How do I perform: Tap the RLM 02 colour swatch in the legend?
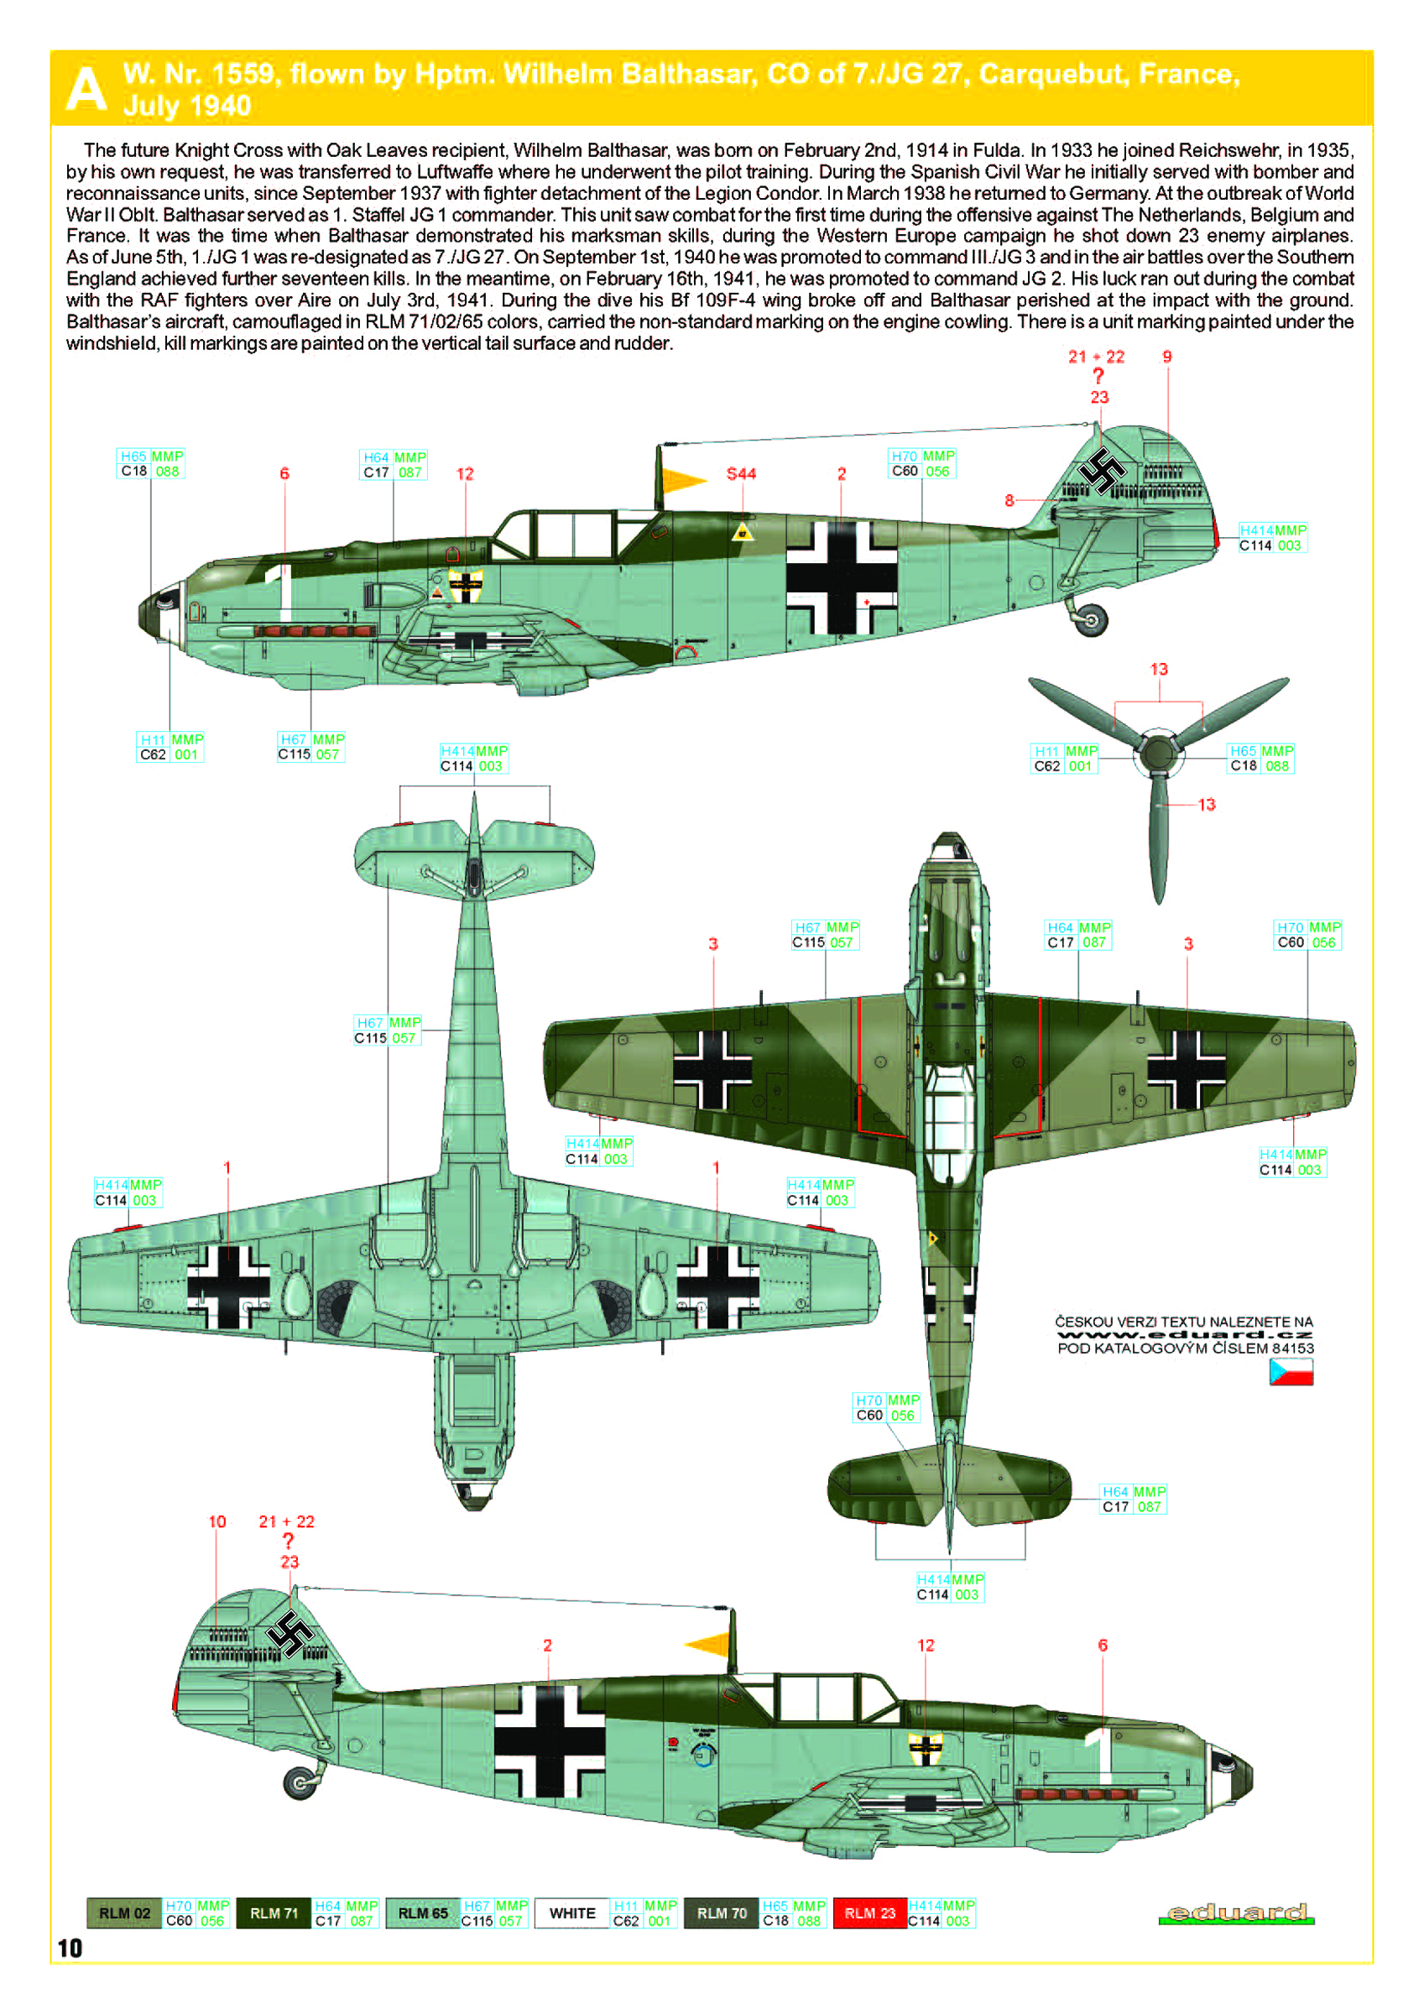[124, 1913]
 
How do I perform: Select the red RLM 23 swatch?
[869, 1913]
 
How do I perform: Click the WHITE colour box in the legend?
[572, 1913]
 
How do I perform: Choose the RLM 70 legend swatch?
[721, 1913]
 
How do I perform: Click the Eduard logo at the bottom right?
[1236, 1913]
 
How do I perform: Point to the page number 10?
[70, 1949]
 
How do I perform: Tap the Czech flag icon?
[1291, 1372]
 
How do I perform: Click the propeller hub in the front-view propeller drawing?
[1158, 752]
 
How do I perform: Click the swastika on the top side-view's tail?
[1102, 472]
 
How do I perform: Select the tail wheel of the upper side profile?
[1091, 620]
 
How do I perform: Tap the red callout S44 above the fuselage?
[742, 473]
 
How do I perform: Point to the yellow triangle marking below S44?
[743, 531]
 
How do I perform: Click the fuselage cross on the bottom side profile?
[550, 1740]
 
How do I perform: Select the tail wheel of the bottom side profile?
[300, 1782]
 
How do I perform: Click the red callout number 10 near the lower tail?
[217, 1522]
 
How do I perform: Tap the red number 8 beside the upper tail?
[1009, 501]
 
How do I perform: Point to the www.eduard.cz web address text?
[1185, 1335]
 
